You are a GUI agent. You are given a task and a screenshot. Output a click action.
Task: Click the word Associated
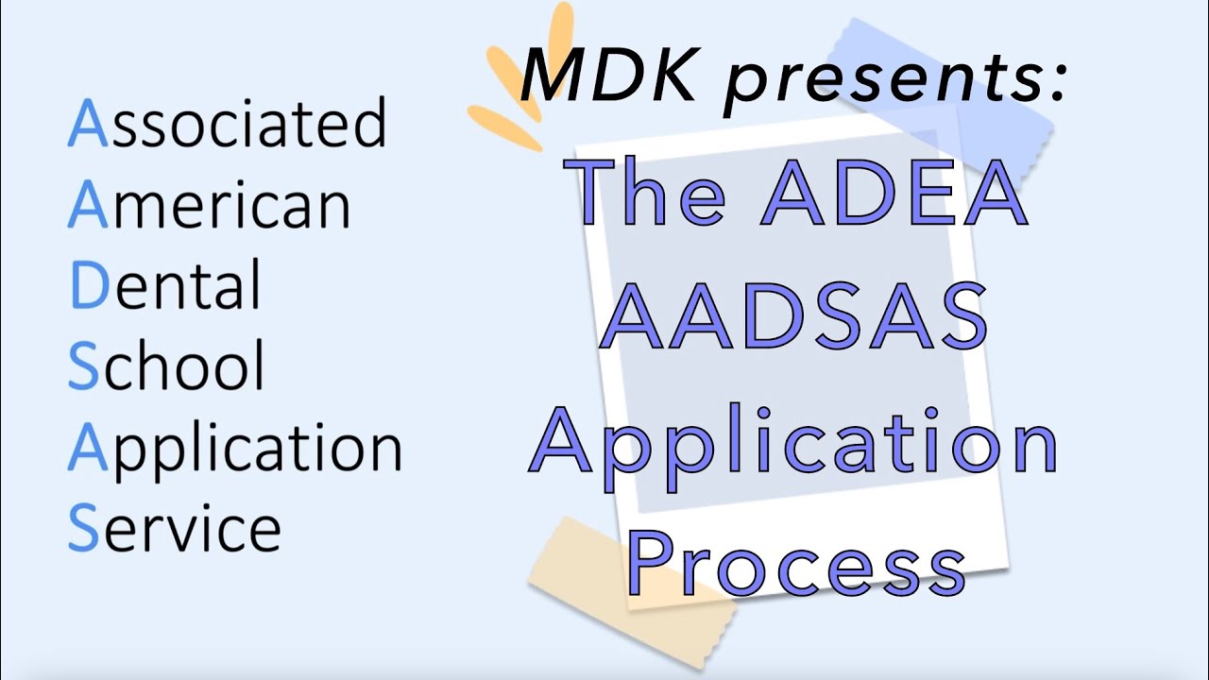[228, 123]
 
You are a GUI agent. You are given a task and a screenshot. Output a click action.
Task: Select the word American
[210, 205]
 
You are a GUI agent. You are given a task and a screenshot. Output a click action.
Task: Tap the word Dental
[166, 287]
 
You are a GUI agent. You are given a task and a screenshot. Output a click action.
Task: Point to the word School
[166, 366]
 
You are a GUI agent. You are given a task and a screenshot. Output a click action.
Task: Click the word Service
[175, 529]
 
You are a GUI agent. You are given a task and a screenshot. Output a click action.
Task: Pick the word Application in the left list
[235, 450]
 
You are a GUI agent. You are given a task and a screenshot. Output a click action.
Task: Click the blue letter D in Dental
[89, 287]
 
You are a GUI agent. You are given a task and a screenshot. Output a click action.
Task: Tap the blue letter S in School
[83, 366]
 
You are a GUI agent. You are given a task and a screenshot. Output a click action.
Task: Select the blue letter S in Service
[83, 529]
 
